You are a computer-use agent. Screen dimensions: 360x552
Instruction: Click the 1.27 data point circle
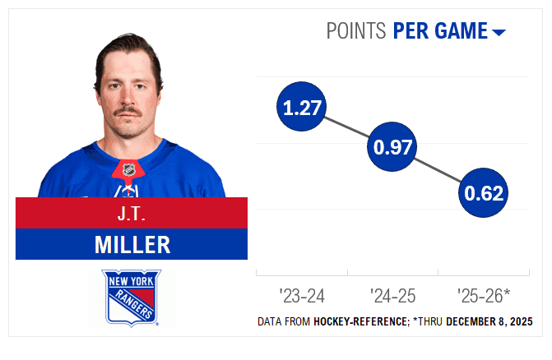pyautogui.click(x=303, y=107)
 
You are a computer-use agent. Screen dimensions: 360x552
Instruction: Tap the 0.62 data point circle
pyautogui.click(x=483, y=195)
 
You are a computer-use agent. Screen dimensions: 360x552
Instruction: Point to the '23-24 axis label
pyautogui.click(x=302, y=294)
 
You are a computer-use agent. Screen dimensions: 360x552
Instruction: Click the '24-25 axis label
pyautogui.click(x=393, y=294)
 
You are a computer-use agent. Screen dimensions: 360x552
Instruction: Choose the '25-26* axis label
pyautogui.click(x=484, y=294)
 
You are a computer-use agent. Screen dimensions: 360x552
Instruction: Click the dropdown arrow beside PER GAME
pyautogui.click(x=499, y=33)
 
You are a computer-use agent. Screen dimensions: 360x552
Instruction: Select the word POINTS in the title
pyautogui.click(x=356, y=31)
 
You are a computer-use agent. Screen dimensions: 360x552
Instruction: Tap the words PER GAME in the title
pyautogui.click(x=440, y=31)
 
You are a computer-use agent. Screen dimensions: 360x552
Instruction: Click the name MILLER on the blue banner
pyautogui.click(x=132, y=244)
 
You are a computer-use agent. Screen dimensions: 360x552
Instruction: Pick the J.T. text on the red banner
pyautogui.click(x=132, y=213)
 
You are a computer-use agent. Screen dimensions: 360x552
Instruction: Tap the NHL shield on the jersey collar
pyautogui.click(x=128, y=170)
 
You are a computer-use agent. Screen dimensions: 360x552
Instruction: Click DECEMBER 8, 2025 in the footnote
pyautogui.click(x=489, y=321)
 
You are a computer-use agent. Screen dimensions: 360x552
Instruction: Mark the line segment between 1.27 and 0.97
pyautogui.click(x=348, y=127)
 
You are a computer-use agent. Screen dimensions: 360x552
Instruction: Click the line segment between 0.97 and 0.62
pyautogui.click(x=438, y=172)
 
